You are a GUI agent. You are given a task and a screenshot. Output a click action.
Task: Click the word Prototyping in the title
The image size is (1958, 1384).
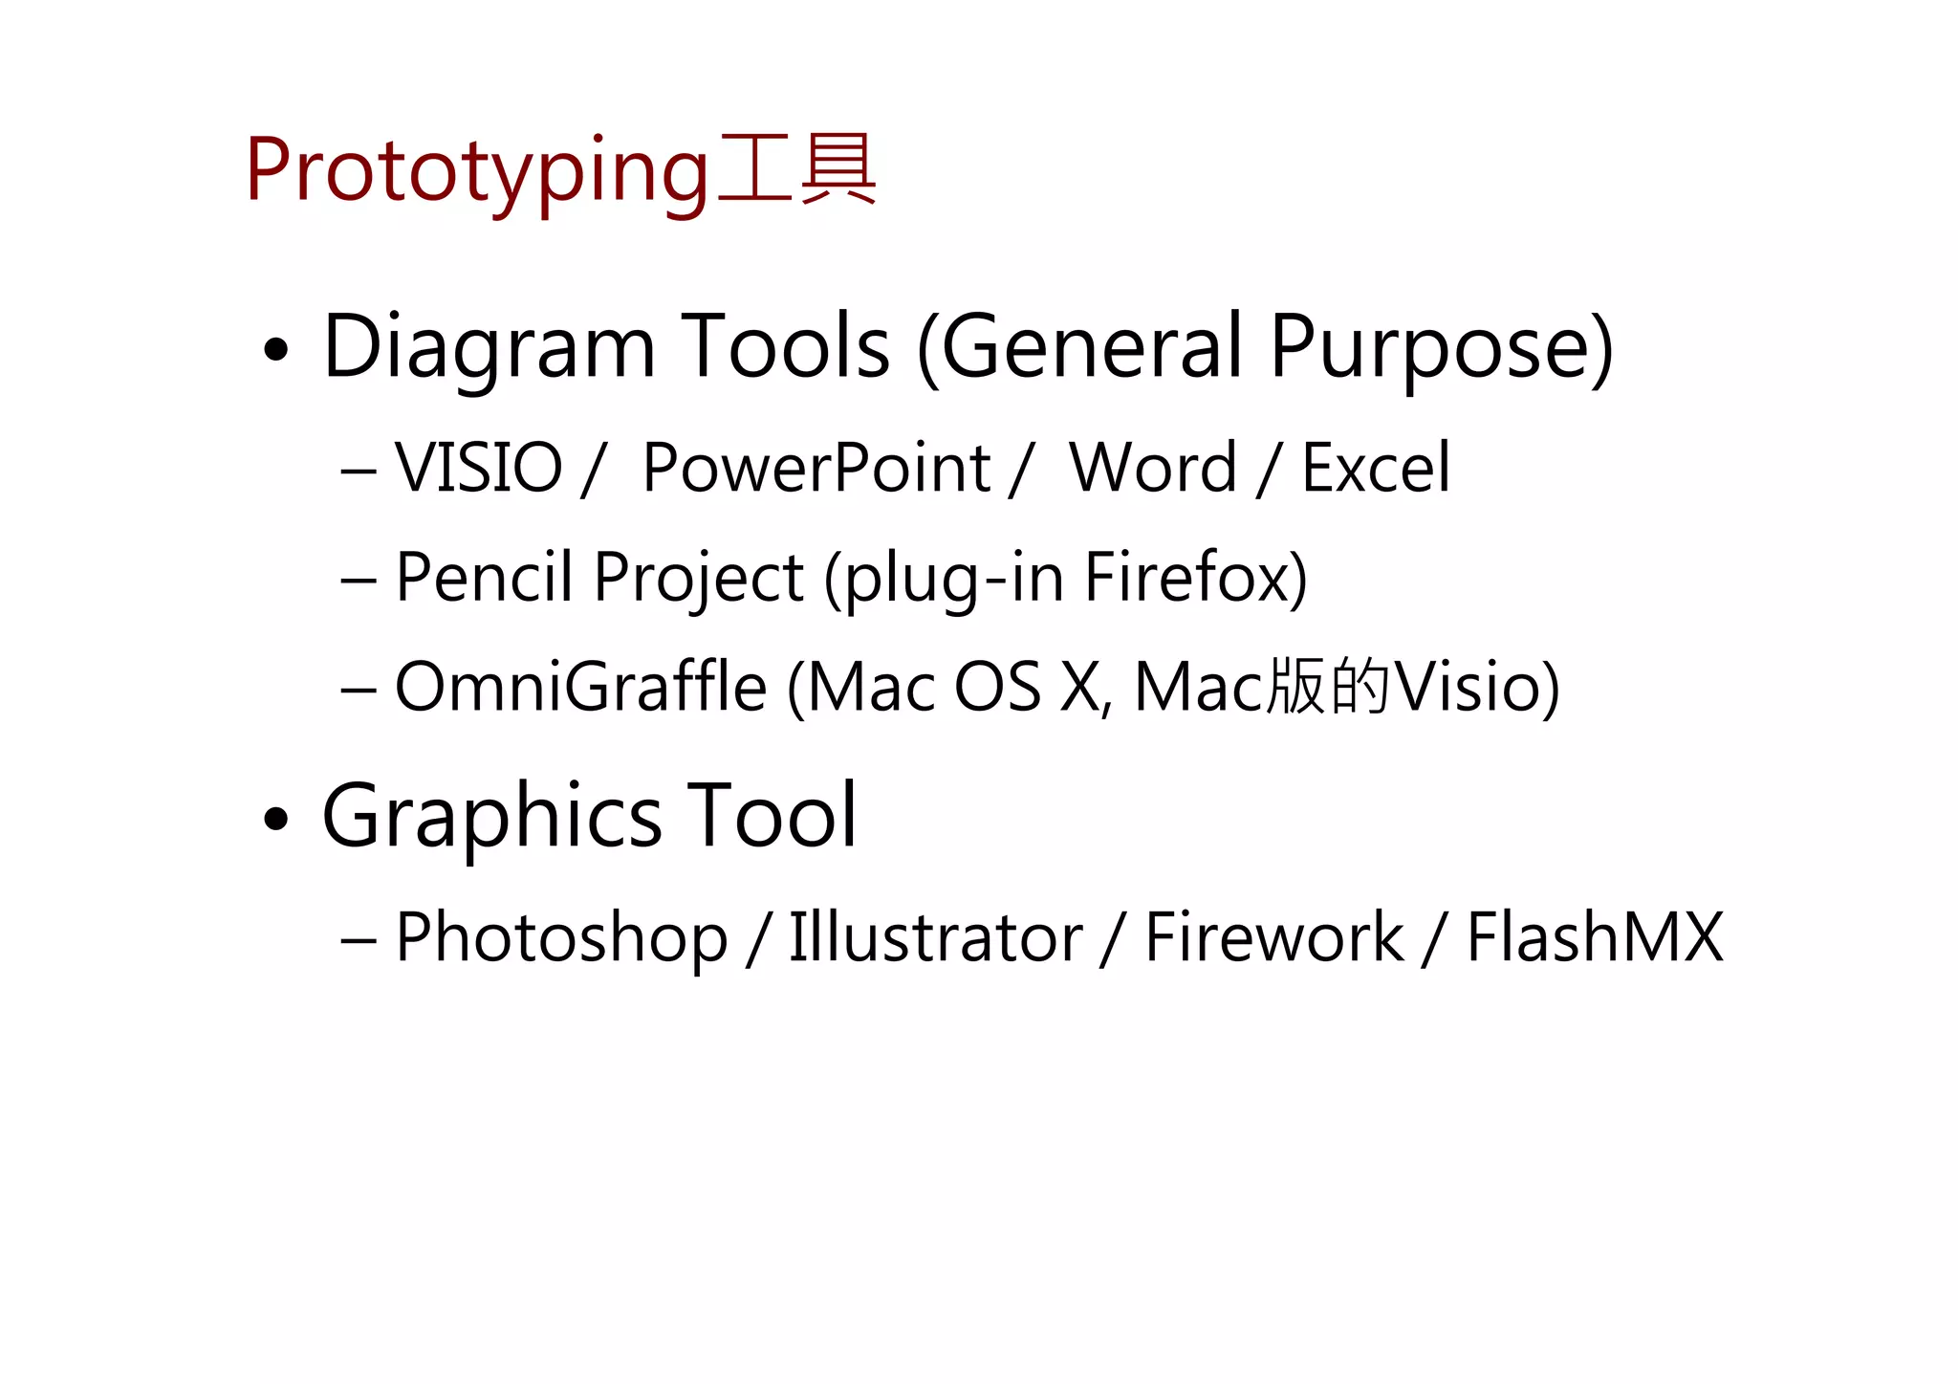tap(476, 172)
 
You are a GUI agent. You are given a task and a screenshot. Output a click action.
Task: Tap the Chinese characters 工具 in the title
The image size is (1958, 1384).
tap(796, 169)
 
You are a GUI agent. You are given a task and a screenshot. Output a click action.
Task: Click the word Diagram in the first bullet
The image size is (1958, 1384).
tap(489, 348)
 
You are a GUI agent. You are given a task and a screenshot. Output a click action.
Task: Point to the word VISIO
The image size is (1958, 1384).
tap(478, 469)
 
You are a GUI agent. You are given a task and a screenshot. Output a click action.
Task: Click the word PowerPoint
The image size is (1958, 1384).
tap(816, 469)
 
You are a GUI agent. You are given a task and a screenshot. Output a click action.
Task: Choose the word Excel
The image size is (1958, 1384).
tap(1376, 469)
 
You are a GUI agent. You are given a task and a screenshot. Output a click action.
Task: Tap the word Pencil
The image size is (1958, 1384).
tap(484, 578)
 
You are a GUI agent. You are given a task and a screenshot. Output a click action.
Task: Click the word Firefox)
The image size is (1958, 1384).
tap(1195, 578)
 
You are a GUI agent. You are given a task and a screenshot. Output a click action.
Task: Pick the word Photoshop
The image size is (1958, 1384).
tap(561, 937)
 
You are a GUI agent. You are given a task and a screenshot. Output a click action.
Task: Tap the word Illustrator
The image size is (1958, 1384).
tap(935, 937)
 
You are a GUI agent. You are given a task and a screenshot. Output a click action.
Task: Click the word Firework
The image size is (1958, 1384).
tap(1273, 937)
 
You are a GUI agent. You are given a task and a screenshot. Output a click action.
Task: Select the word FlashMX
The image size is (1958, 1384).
tap(1595, 937)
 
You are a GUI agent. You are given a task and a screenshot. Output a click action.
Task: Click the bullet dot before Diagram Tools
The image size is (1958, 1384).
tap(275, 350)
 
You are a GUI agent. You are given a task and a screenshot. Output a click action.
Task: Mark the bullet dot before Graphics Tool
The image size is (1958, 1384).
tap(275, 819)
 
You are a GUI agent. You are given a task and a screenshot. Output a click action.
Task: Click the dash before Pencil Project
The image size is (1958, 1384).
tap(358, 581)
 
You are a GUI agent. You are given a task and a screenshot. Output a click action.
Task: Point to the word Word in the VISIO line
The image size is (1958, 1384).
tap(1153, 469)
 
